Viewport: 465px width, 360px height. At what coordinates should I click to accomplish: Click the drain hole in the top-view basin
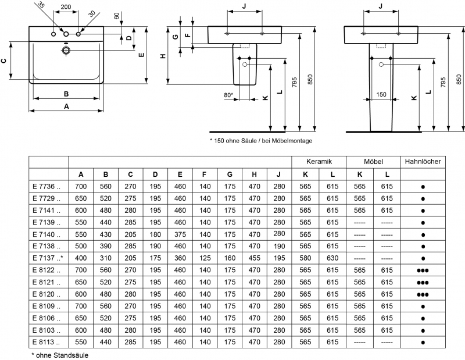coord(66,51)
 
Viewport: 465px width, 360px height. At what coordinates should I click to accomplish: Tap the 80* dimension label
coord(228,94)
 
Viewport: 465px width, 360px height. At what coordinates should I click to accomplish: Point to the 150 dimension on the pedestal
coord(381,94)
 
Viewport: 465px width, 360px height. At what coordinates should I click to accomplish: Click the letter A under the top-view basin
coord(66,106)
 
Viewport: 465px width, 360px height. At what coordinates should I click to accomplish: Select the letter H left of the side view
coord(163,56)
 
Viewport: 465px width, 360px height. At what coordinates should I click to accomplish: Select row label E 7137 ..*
coord(48,258)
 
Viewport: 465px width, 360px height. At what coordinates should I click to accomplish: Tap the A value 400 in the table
coord(81,258)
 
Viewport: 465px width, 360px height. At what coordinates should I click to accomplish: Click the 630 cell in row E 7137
coord(332,258)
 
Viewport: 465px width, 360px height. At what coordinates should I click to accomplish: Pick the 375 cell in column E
coord(180,234)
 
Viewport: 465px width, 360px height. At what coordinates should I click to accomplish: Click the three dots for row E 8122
coord(423,270)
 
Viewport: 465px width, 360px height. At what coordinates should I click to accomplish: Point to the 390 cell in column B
coord(106,246)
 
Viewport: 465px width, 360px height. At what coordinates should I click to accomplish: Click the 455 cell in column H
coord(254,258)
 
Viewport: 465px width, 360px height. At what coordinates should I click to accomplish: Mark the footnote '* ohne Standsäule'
coord(60,354)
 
